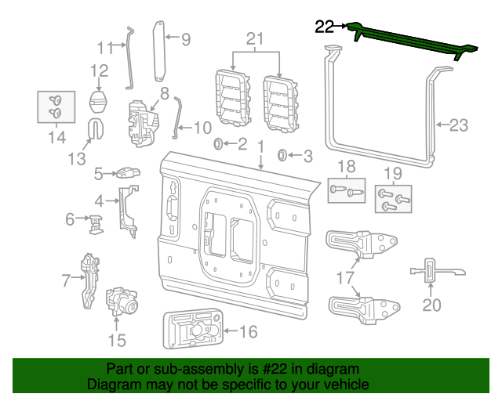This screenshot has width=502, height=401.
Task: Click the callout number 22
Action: (x=324, y=27)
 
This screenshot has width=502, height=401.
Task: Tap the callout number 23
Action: (x=458, y=124)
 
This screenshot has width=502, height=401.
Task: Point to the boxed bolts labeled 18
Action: (x=346, y=189)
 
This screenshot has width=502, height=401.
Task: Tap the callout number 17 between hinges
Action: (x=346, y=276)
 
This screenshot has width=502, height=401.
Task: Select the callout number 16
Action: (x=247, y=332)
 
